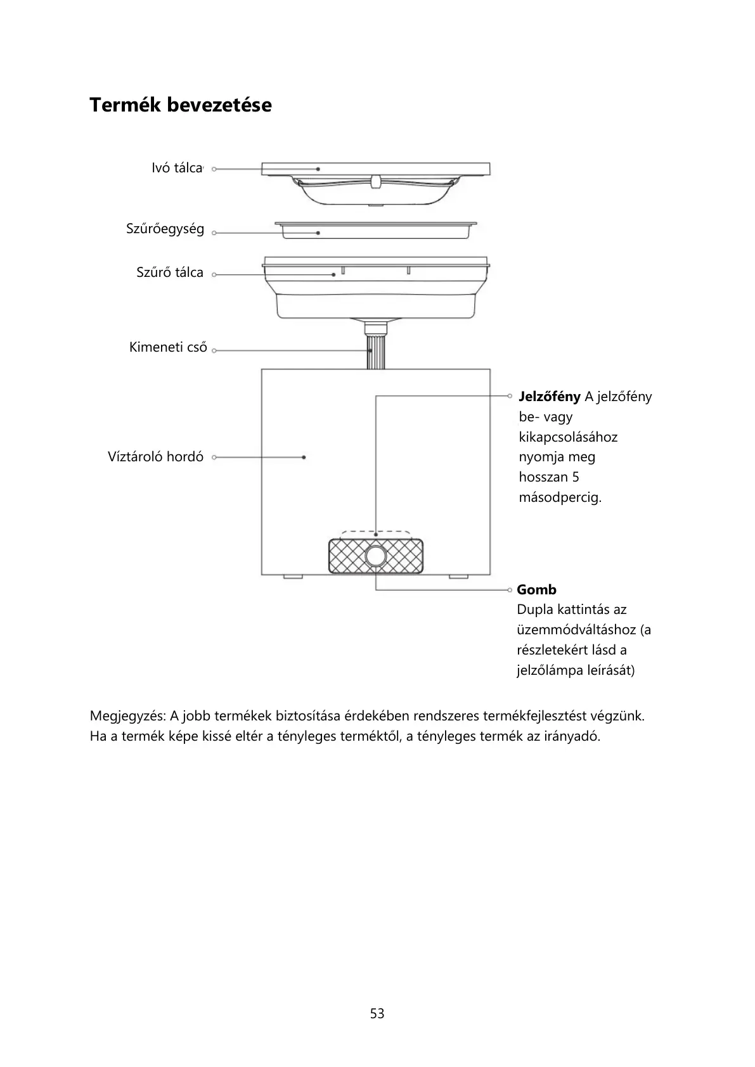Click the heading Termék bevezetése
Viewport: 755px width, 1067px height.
[180, 105]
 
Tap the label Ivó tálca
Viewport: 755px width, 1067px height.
[176, 169]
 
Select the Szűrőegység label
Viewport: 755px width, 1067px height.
[165, 229]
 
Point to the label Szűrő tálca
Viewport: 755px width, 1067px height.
[170, 273]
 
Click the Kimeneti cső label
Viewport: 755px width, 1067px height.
[168, 347]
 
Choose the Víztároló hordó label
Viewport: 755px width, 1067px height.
[155, 457]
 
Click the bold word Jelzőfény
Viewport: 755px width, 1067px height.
[549, 397]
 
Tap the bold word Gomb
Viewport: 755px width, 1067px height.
[536, 590]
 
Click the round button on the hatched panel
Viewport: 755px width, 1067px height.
[375, 556]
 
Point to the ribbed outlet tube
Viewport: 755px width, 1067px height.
[376, 352]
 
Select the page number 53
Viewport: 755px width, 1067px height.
[377, 1014]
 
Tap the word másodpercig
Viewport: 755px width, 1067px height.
[560, 497]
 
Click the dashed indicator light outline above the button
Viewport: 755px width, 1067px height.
[375, 532]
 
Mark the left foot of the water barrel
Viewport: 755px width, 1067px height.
[292, 577]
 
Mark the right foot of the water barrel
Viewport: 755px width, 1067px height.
[458, 577]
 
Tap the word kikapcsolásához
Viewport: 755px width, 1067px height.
[568, 437]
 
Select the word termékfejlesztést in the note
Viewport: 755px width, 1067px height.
[535, 717]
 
